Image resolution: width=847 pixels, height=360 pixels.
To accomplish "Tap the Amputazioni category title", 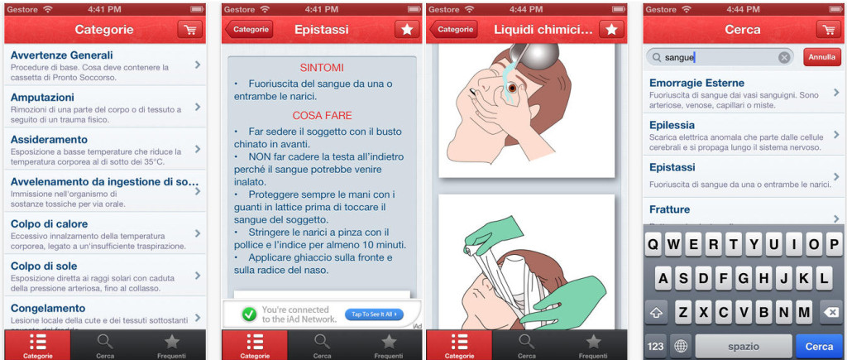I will (x=42, y=97).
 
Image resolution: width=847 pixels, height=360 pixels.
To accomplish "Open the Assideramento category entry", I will (x=49, y=139).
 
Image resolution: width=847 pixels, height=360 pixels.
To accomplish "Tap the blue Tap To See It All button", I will (x=373, y=314).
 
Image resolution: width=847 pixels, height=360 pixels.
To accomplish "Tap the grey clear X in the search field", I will (x=783, y=58).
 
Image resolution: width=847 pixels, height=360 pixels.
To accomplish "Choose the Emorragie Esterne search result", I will (x=696, y=83).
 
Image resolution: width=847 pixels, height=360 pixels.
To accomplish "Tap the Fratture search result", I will (x=669, y=209).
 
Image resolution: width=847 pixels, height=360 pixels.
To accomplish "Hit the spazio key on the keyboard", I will (x=743, y=346).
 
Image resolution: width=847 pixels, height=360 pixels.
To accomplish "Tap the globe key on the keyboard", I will (x=682, y=346).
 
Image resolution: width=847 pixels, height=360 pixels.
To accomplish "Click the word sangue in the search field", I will (x=679, y=58).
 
